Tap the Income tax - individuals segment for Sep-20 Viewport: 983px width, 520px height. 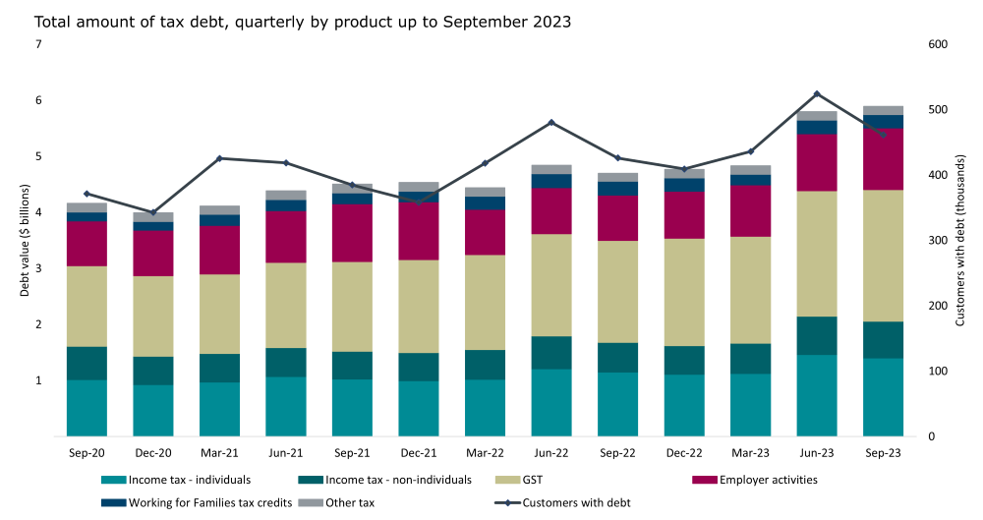[87, 407]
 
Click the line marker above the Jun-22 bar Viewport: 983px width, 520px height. [551, 122]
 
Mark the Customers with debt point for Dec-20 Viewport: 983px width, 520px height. [153, 212]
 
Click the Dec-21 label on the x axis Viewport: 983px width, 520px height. [419, 453]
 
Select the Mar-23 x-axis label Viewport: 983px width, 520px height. [750, 453]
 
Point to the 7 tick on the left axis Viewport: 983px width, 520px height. [38, 45]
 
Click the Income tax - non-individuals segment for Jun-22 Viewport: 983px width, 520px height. [551, 353]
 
